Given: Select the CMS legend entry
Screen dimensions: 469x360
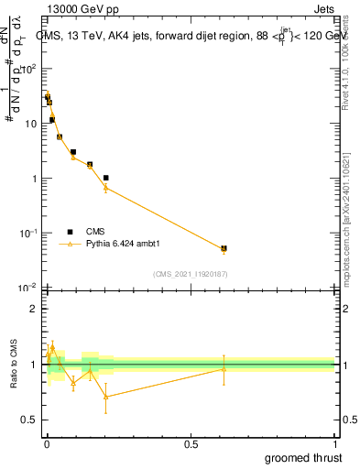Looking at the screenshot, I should point(82,231).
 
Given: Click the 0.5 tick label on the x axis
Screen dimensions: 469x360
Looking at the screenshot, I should point(191,443).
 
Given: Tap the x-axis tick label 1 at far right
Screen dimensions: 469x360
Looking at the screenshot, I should point(333,443).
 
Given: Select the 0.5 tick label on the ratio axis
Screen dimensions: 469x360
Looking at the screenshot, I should point(31,420).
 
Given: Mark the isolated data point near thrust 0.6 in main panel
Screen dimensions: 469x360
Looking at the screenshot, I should point(224,248).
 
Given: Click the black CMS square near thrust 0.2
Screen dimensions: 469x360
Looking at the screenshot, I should point(106,178).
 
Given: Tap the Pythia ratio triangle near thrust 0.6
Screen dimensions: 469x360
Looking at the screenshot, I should point(224,369).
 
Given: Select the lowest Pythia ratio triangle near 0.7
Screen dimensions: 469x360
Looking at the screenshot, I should point(106,396).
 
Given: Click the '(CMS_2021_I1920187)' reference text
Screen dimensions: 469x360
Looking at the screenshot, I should point(189,274).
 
